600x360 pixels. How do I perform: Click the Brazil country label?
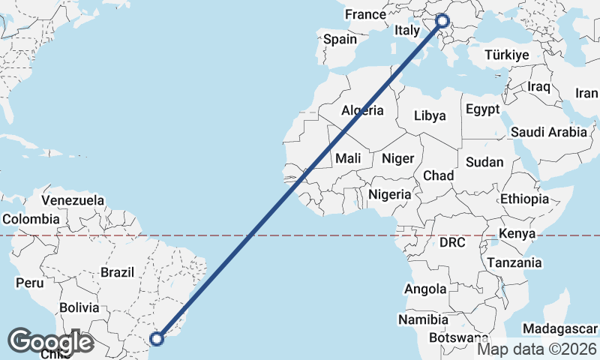[x=117, y=272]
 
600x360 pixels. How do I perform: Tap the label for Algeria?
[x=363, y=110]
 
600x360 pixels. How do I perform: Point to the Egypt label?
[x=482, y=109]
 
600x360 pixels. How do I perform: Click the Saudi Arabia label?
[x=549, y=132]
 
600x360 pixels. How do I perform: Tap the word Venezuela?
[x=73, y=200]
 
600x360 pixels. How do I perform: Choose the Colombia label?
[x=30, y=219]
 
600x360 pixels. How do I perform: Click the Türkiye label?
[x=507, y=55]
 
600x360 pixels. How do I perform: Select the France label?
[x=364, y=14]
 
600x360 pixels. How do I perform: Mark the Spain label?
[x=340, y=39]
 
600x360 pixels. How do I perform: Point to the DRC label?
[x=453, y=242]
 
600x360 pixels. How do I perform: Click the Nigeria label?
[x=390, y=194]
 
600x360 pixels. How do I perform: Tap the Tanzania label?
[x=514, y=262]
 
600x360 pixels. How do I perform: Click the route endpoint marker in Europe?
[x=442, y=21]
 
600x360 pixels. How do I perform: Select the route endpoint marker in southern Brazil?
[x=157, y=338]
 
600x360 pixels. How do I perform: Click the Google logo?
[x=51, y=341]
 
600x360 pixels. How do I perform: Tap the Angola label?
[x=425, y=289]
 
